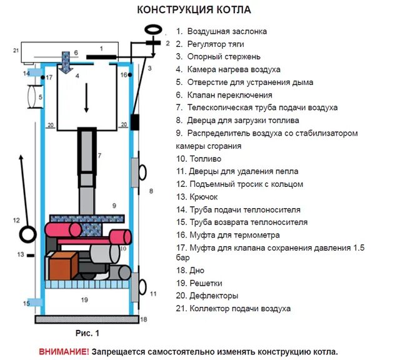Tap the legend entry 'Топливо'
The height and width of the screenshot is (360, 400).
(x=202, y=159)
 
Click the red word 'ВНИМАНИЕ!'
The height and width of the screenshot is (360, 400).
(x=64, y=351)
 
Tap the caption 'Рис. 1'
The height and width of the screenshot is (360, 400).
(x=87, y=332)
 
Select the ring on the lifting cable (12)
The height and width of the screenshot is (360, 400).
(x=28, y=234)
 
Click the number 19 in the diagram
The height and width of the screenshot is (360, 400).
(x=84, y=300)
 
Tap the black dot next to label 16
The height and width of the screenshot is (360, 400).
(x=131, y=75)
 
